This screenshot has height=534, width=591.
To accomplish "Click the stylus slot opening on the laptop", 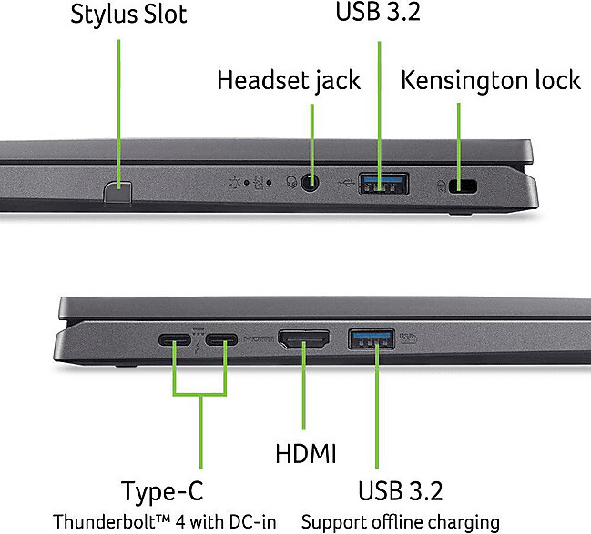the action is [118, 190].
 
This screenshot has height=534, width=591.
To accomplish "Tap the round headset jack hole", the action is [311, 184].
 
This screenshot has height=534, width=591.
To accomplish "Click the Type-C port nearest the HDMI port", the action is [220, 342].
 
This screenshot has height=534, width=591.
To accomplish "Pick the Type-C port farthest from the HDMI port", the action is [174, 342].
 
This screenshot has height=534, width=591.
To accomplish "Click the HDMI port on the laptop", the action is [304, 342].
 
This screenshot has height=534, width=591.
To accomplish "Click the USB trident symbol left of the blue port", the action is [344, 184].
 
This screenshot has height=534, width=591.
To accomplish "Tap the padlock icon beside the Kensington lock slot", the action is [441, 186].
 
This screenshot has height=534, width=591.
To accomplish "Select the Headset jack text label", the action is [289, 80].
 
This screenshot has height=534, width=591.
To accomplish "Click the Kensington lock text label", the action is [490, 80].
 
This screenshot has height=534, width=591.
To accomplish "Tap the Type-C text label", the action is [162, 492].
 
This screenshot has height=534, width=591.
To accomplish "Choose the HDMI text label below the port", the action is [306, 453].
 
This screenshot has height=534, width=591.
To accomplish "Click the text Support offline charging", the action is [400, 522].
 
